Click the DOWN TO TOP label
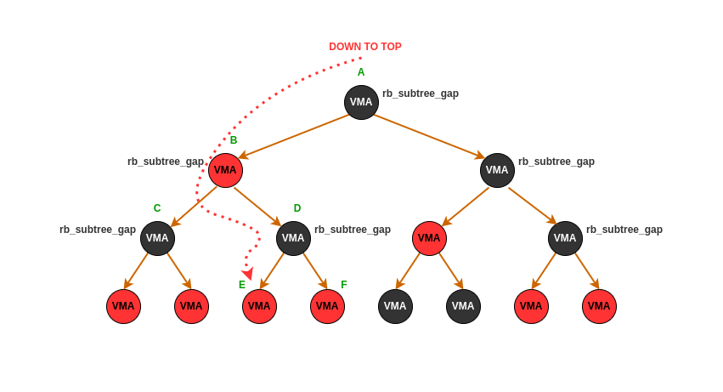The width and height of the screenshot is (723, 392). click(x=365, y=47)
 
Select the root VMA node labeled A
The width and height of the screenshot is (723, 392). click(x=361, y=102)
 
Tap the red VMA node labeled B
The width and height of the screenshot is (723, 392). click(x=225, y=170)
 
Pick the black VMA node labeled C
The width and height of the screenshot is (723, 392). click(x=157, y=238)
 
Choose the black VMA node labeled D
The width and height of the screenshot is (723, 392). click(x=293, y=238)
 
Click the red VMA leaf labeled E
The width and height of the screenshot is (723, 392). click(x=259, y=306)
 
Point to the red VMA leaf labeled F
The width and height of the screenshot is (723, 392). click(x=327, y=306)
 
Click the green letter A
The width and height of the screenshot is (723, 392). click(x=361, y=72)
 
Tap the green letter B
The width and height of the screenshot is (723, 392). click(x=234, y=140)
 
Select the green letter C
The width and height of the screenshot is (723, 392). click(x=157, y=208)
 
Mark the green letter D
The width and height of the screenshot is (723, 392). click(x=297, y=208)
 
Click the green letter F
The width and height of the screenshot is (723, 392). click(x=344, y=285)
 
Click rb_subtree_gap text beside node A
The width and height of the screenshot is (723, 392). click(x=421, y=94)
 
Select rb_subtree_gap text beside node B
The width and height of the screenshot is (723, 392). click(x=166, y=162)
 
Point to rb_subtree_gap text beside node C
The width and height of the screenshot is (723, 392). click(x=98, y=230)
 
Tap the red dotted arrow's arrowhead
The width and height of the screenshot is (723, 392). click(x=247, y=274)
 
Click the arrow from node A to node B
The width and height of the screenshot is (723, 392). click(x=296, y=136)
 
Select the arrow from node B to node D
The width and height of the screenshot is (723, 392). click(x=257, y=207)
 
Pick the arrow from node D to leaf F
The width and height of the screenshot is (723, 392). click(x=315, y=270)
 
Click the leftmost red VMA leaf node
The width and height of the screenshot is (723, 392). click(x=123, y=306)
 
